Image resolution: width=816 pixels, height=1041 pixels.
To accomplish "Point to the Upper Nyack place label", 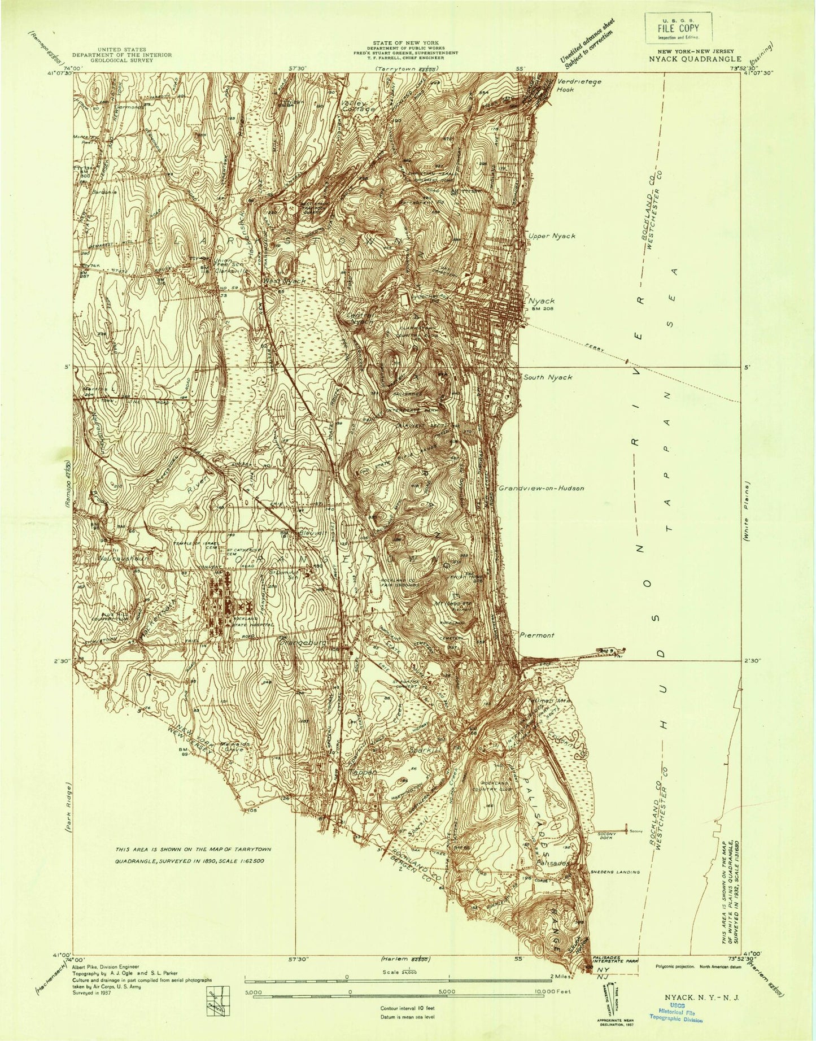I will pyautogui.click(x=551, y=236).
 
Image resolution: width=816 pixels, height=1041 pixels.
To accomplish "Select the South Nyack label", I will pyautogui.click(x=547, y=377).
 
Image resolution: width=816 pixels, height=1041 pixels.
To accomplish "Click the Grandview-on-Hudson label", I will pyautogui.click(x=540, y=487).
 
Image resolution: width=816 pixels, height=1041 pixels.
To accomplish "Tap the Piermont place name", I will pyautogui.click(x=536, y=635).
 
